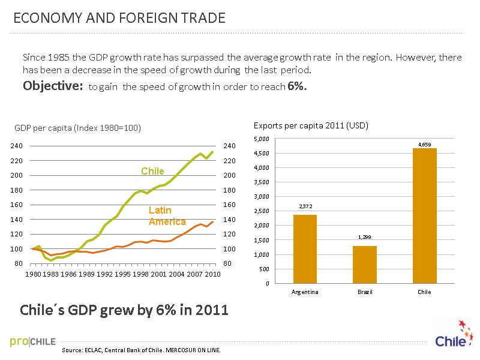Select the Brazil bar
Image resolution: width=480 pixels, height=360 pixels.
click(x=364, y=264)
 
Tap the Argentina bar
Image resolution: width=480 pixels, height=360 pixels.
click(x=305, y=249)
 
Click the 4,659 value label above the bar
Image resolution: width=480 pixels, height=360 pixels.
click(x=424, y=143)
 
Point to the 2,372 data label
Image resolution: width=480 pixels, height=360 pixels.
click(x=305, y=206)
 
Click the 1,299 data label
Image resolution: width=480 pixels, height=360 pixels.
click(x=364, y=237)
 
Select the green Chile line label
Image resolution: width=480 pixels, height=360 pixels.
click(x=152, y=172)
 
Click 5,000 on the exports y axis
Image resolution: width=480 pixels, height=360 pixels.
click(x=262, y=139)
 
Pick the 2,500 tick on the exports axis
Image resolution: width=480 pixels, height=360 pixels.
click(x=262, y=211)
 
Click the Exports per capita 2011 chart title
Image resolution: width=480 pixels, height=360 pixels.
click(x=311, y=125)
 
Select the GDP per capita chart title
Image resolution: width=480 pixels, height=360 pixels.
click(x=77, y=128)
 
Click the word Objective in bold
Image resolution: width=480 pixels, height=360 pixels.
click(x=52, y=86)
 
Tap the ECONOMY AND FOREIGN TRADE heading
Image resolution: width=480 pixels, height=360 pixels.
click(x=119, y=19)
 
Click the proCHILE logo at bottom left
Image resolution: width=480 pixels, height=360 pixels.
click(x=33, y=342)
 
